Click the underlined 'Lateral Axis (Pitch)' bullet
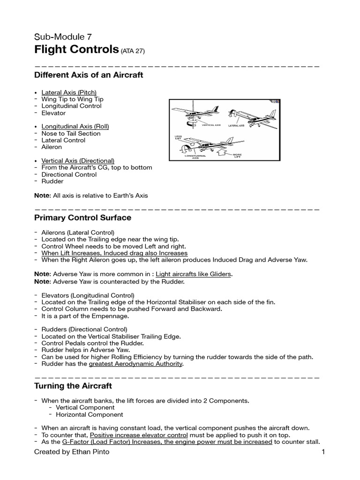pyautogui.click(x=69, y=92)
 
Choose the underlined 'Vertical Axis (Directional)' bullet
pyautogui.click(x=78, y=161)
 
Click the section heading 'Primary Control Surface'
pyautogui.click(x=83, y=218)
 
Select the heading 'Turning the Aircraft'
pyautogui.click(x=73, y=386)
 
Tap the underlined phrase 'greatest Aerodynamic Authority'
pyautogui.click(x=135, y=364)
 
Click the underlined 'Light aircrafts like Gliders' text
pyautogui.click(x=193, y=274)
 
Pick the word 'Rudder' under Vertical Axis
pyautogui.click(x=52, y=181)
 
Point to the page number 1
pyautogui.click(x=323, y=452)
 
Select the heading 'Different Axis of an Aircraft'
pyautogui.click(x=89, y=75)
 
